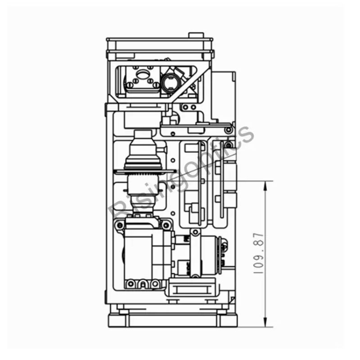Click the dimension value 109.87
259,253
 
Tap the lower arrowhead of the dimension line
265,322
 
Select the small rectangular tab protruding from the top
196,35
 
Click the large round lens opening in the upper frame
170,83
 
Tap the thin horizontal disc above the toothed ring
145,171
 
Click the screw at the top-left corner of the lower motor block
119,225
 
